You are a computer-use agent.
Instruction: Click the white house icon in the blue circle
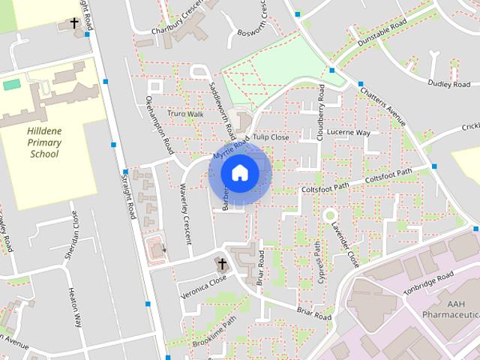239,172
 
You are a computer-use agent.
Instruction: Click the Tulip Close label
271,137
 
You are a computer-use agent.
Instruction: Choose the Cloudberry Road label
320,108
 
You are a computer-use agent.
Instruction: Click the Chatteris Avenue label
382,106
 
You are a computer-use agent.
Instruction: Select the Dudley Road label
448,84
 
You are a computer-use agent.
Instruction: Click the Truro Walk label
185,114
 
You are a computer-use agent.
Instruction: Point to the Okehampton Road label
160,125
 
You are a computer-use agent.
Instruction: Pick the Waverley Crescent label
185,213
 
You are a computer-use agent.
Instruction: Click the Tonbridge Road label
429,282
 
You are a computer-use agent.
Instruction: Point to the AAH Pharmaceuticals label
451,309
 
